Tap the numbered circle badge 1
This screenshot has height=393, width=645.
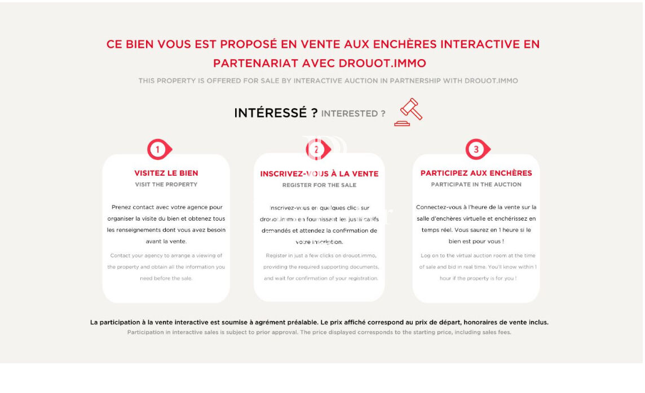[x=158, y=149]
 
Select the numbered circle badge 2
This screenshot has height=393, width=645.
[x=316, y=149]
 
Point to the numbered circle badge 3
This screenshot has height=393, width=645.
[x=476, y=149]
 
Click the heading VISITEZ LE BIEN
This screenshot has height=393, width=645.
[x=166, y=173]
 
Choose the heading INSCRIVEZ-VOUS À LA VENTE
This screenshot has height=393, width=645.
[x=319, y=174]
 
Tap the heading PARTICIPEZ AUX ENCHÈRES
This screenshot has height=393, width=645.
[x=476, y=173]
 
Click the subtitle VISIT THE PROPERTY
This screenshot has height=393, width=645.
[x=166, y=185]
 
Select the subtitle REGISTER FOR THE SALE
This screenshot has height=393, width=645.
[x=319, y=185]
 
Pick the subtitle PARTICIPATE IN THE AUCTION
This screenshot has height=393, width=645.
[x=476, y=185]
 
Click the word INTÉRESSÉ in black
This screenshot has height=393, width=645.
[x=271, y=113]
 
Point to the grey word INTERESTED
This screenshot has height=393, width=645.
[x=349, y=114]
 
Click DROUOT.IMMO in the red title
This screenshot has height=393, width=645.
[x=382, y=63]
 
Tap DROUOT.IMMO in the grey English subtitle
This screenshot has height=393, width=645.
[x=491, y=81]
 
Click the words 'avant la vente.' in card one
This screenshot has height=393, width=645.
[x=166, y=242]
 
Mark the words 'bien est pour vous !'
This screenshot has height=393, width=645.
[x=476, y=242]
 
